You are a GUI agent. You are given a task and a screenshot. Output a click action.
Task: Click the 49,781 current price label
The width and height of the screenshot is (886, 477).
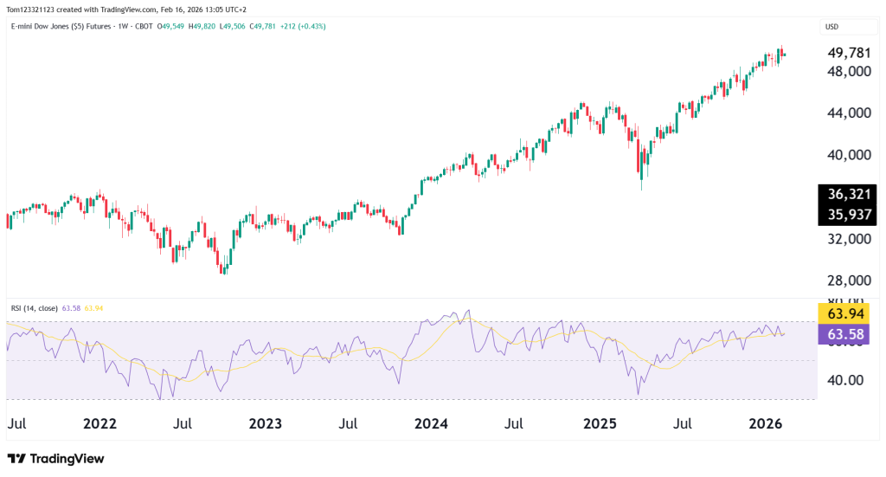[x=847, y=53]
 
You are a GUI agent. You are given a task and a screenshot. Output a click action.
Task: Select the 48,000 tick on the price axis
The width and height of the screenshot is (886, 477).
[x=847, y=71]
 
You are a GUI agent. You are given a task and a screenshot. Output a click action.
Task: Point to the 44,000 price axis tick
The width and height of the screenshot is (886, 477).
[x=847, y=113]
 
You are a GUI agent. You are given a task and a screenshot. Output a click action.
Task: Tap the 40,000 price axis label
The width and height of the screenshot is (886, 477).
[x=847, y=155]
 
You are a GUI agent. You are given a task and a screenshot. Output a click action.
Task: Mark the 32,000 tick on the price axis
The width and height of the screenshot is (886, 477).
[x=847, y=239]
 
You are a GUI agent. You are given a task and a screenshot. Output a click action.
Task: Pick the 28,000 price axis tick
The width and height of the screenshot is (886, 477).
[x=847, y=281]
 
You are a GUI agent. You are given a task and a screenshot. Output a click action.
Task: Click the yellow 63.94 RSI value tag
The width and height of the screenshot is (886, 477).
[x=844, y=313]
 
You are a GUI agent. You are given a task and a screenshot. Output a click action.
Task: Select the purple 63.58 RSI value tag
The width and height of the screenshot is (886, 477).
[x=844, y=334]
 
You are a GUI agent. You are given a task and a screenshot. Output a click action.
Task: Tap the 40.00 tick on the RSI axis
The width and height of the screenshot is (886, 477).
[x=844, y=380]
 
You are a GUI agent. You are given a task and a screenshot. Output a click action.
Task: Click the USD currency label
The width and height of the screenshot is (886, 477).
[x=832, y=27]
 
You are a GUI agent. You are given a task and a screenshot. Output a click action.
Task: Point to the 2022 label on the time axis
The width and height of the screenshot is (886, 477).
[x=100, y=424]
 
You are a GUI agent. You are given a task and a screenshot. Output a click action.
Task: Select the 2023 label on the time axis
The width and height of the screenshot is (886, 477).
[x=265, y=424]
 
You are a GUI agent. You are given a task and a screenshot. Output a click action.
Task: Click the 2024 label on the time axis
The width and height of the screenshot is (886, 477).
[x=431, y=424]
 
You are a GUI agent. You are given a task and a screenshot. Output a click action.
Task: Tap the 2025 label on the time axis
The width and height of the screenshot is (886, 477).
[x=599, y=424]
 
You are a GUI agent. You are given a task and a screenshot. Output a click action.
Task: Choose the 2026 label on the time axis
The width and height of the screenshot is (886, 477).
[x=765, y=424]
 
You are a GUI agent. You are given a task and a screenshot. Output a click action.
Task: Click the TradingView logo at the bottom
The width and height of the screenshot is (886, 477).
[x=55, y=458]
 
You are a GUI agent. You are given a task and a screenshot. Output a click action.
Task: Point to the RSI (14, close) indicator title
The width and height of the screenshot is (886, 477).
[x=35, y=307]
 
